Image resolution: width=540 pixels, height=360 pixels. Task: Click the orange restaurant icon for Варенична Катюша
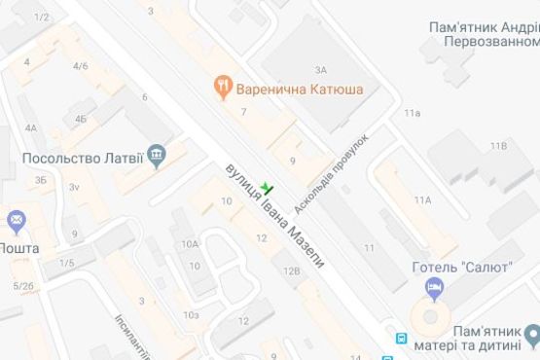[x=223, y=89]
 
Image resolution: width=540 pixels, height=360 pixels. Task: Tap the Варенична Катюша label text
[x=289, y=90]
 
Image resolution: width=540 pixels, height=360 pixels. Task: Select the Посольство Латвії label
[x=82, y=156]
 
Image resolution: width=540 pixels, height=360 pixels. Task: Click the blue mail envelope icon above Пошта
[x=16, y=223]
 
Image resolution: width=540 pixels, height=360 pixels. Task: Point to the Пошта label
[x=19, y=247]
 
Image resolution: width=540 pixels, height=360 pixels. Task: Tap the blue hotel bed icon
[x=435, y=288]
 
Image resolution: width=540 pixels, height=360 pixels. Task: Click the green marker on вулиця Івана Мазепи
[x=269, y=190]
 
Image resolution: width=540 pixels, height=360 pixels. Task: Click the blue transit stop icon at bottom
[x=401, y=339]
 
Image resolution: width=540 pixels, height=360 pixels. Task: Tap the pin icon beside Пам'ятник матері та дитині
[x=532, y=337]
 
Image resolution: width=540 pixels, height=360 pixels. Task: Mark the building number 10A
[x=190, y=244]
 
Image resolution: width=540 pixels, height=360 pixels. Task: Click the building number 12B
[x=291, y=272]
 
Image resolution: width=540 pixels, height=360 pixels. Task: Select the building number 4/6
[x=81, y=66]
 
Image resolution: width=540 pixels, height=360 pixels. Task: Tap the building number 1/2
[x=41, y=18]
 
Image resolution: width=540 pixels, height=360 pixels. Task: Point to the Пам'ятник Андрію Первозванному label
[x=484, y=35]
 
